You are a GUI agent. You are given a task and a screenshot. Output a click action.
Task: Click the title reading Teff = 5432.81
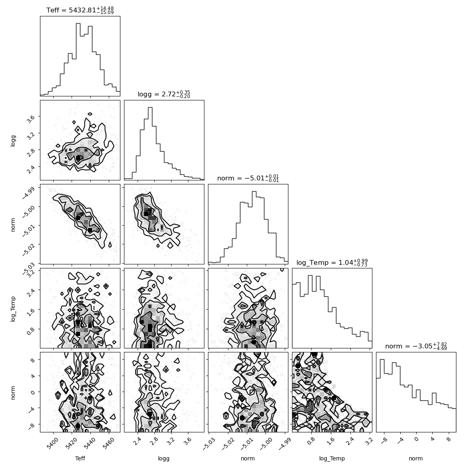(x=80, y=10)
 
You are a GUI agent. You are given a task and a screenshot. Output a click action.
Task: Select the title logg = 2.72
(x=164, y=94)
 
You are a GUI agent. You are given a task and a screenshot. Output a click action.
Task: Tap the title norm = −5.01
(x=248, y=178)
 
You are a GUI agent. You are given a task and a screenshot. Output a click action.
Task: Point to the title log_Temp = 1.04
(x=332, y=262)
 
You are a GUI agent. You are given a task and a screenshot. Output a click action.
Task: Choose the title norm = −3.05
(x=416, y=346)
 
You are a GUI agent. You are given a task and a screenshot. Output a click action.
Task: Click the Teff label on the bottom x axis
(x=80, y=458)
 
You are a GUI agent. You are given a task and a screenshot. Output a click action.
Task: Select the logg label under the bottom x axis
(x=164, y=459)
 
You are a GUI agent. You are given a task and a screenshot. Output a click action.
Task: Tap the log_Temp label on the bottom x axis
(x=332, y=459)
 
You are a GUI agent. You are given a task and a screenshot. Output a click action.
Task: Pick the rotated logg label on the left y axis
(x=13, y=140)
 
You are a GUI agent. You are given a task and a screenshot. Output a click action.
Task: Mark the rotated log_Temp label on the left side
(x=13, y=309)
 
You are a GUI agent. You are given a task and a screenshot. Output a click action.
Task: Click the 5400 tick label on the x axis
(x=52, y=444)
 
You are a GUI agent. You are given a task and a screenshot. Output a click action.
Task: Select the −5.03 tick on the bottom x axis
(x=208, y=444)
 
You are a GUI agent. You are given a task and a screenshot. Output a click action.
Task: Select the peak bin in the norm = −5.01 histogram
(x=254, y=228)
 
